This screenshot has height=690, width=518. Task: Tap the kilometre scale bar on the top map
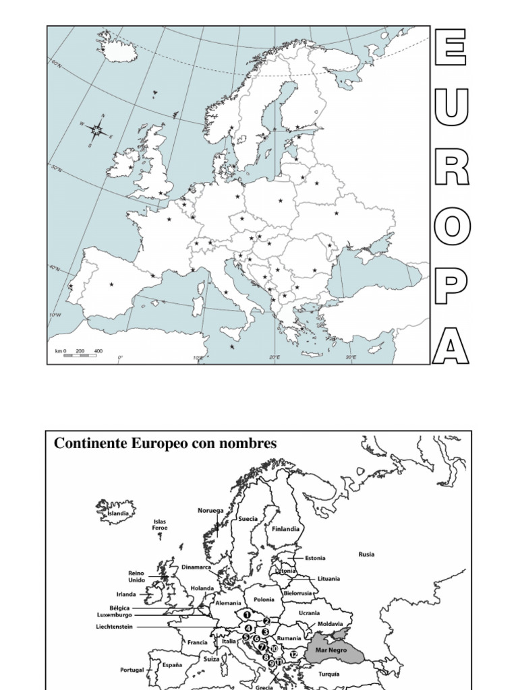[80, 354]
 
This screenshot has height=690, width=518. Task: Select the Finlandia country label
[285, 529]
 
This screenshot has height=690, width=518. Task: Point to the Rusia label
[366, 555]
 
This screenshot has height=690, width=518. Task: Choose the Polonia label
[264, 599]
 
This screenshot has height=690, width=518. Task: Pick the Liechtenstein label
[115, 627]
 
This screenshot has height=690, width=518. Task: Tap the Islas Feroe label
[159, 525]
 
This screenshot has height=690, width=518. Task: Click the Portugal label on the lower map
[132, 670]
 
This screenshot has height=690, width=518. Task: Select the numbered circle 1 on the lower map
[248, 615]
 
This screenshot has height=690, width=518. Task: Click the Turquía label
[329, 674]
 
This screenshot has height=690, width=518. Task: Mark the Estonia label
[315, 558]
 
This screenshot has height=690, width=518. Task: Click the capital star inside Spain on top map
[111, 285]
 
